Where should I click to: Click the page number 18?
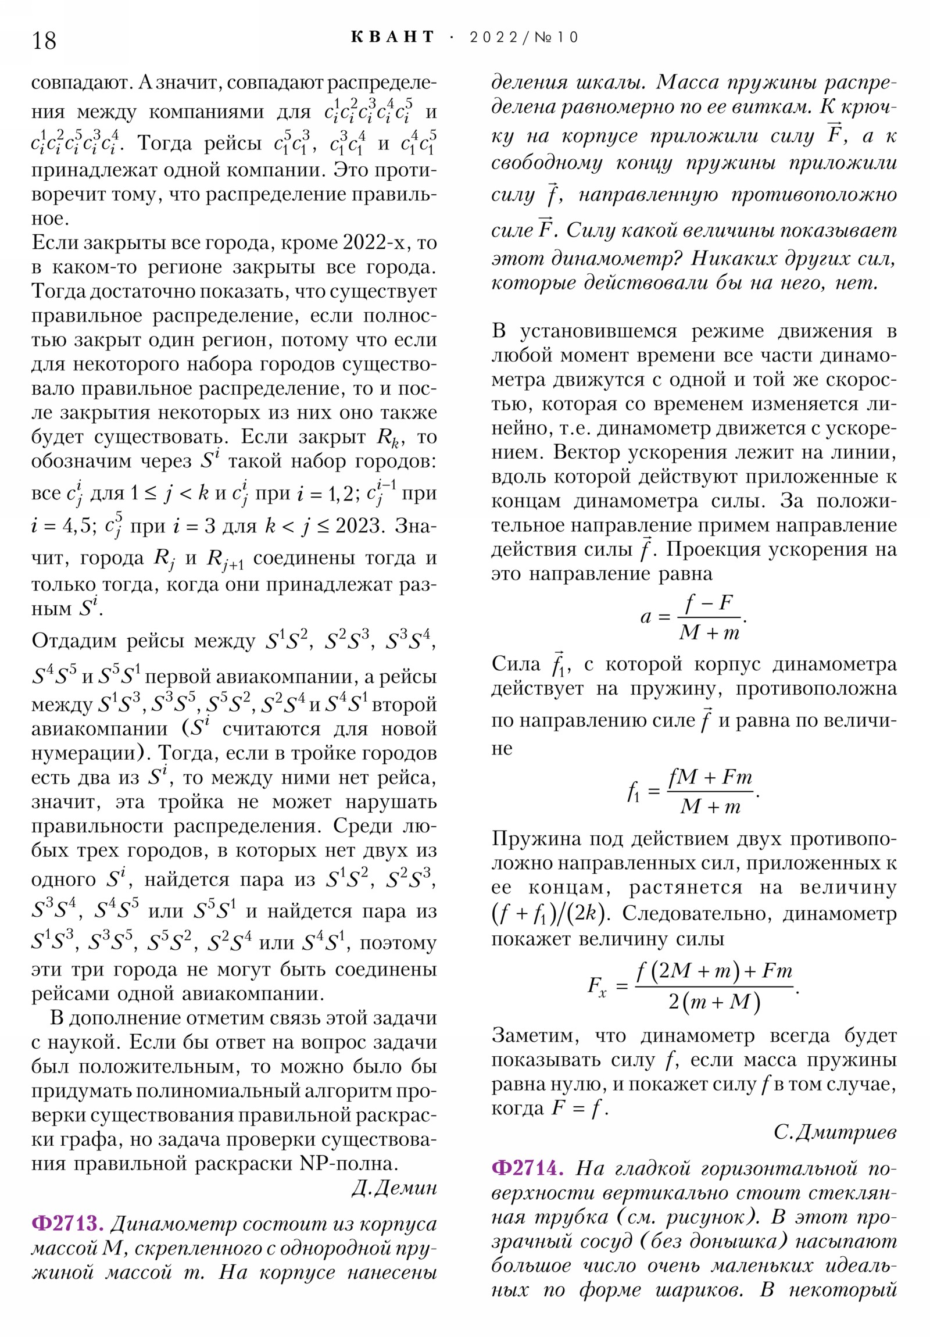tap(44, 41)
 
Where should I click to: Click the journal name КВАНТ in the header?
tap(392, 37)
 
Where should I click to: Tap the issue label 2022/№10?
tap(524, 38)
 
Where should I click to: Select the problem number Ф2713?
tap(67, 1224)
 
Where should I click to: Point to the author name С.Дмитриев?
tap(835, 1131)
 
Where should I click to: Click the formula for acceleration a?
tap(693, 617)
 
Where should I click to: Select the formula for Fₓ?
tap(693, 986)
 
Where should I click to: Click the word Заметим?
tap(535, 1036)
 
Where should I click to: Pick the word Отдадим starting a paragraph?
tap(73, 641)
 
